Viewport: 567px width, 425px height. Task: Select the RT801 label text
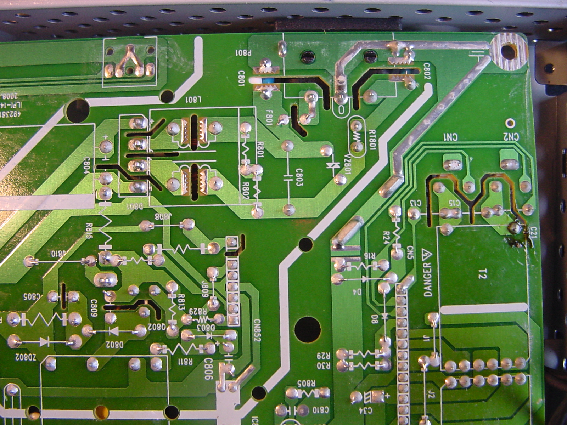372,139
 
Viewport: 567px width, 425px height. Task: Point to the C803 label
298,180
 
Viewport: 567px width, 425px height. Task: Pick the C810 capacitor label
320,410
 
